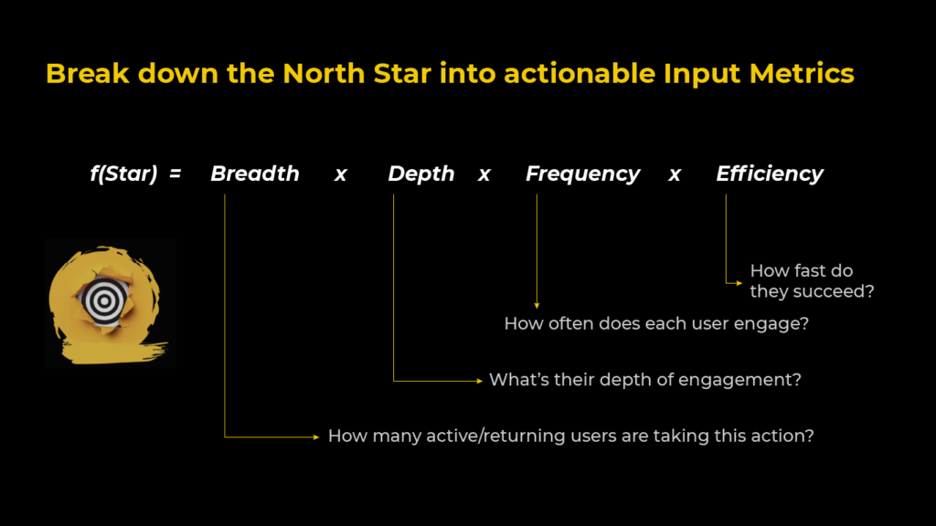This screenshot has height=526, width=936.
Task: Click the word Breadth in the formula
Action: point(254,174)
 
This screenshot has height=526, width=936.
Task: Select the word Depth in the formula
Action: point(420,174)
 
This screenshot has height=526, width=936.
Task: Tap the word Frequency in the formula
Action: point(582,174)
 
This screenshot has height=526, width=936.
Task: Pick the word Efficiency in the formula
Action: point(769,174)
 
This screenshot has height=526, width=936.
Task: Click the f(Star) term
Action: point(123,174)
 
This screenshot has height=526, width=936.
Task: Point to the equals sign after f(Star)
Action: point(175,174)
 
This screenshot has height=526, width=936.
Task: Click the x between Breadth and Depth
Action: point(340,174)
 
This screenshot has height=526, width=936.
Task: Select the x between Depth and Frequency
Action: point(484,174)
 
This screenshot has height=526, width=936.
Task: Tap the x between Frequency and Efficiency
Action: point(675,174)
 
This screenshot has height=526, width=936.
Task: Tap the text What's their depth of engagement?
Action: point(644,379)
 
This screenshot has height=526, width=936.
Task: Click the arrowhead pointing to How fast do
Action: point(739,283)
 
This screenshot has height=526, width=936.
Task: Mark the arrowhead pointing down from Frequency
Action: point(537,304)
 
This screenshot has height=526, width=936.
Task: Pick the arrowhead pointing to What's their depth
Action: point(479,380)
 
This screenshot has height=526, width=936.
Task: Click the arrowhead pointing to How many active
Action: point(318,437)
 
